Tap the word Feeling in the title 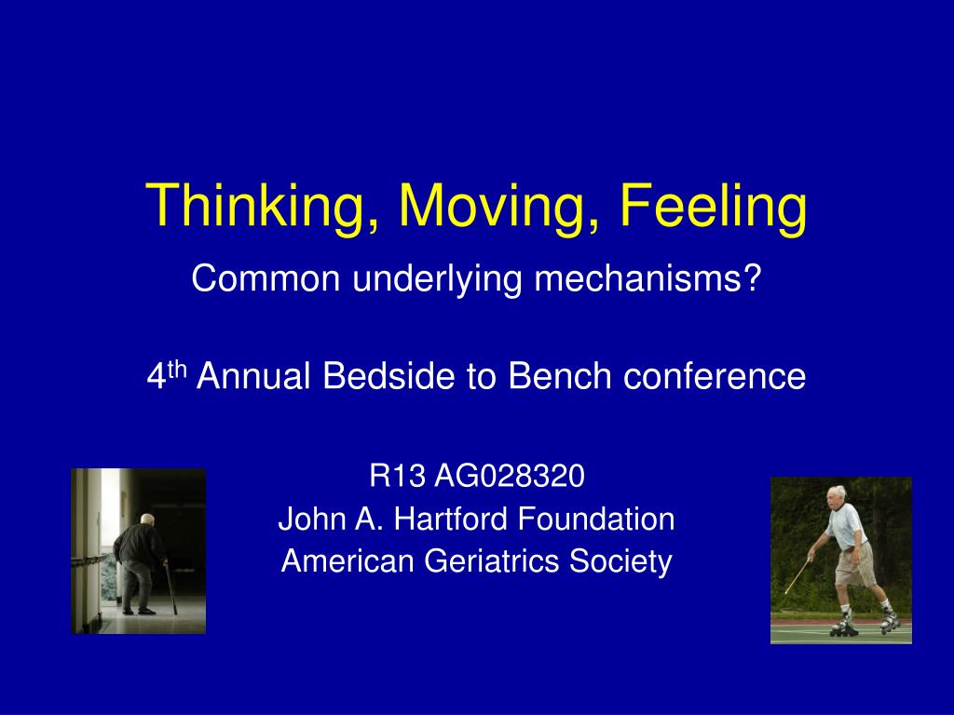(714, 207)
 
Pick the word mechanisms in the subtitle (641, 278)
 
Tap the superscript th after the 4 (176, 369)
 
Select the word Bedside (388, 375)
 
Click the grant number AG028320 (510, 476)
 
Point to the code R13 (397, 476)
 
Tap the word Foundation (596, 519)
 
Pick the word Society (620, 561)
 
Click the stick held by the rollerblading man (797, 575)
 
